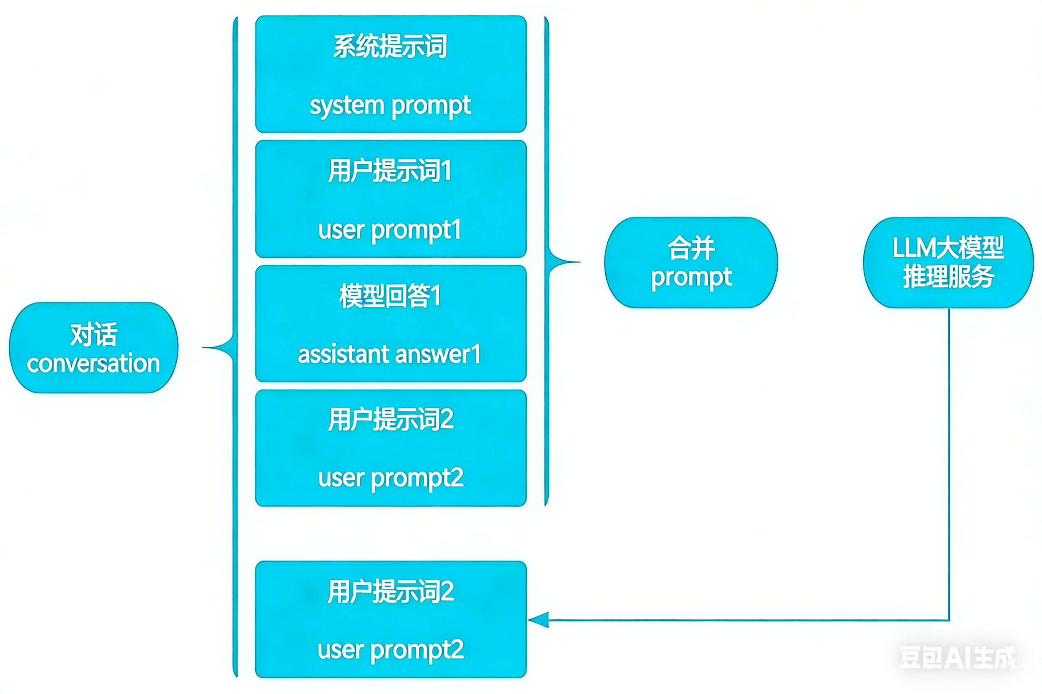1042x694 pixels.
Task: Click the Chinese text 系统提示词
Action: [x=390, y=46]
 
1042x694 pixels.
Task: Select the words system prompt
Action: [x=390, y=106]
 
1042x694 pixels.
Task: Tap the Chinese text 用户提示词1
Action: [x=390, y=171]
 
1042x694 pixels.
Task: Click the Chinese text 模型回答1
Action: [x=390, y=296]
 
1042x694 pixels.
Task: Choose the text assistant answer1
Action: [x=389, y=355]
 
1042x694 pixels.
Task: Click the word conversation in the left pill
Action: [x=93, y=364]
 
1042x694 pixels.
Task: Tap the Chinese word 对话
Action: [x=93, y=335]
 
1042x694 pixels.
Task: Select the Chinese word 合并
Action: [x=691, y=248]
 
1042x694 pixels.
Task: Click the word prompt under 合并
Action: [x=691, y=278]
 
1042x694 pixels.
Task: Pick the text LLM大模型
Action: [x=948, y=248]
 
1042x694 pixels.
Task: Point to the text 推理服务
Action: [x=948, y=277]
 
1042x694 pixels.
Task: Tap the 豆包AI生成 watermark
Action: [x=957, y=658]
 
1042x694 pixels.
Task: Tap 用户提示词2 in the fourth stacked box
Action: [x=390, y=420]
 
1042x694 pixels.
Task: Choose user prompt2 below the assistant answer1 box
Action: [x=390, y=479]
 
